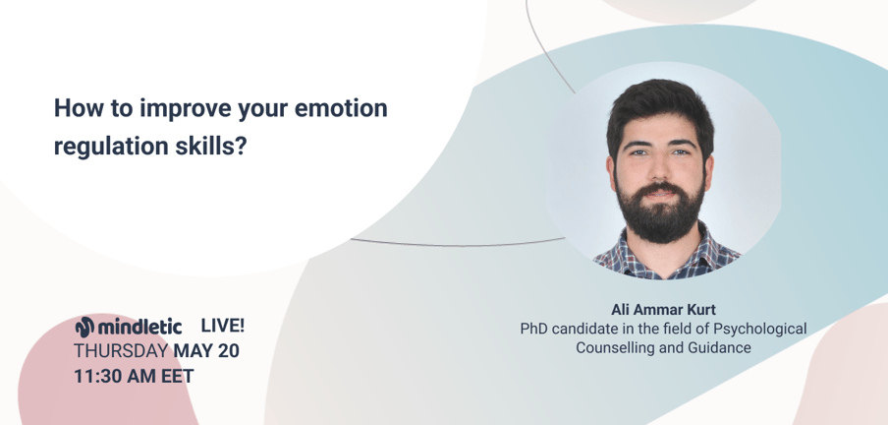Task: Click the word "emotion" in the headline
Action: pos(341,108)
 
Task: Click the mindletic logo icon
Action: pos(84,327)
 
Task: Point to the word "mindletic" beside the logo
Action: pos(139,327)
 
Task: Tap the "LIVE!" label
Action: pos(223,326)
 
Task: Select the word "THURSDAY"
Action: pos(121,350)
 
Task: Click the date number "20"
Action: pos(228,350)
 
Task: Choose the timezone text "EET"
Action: pos(177,376)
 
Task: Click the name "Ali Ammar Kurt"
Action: pos(663,310)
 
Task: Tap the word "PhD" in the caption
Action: pos(534,329)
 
